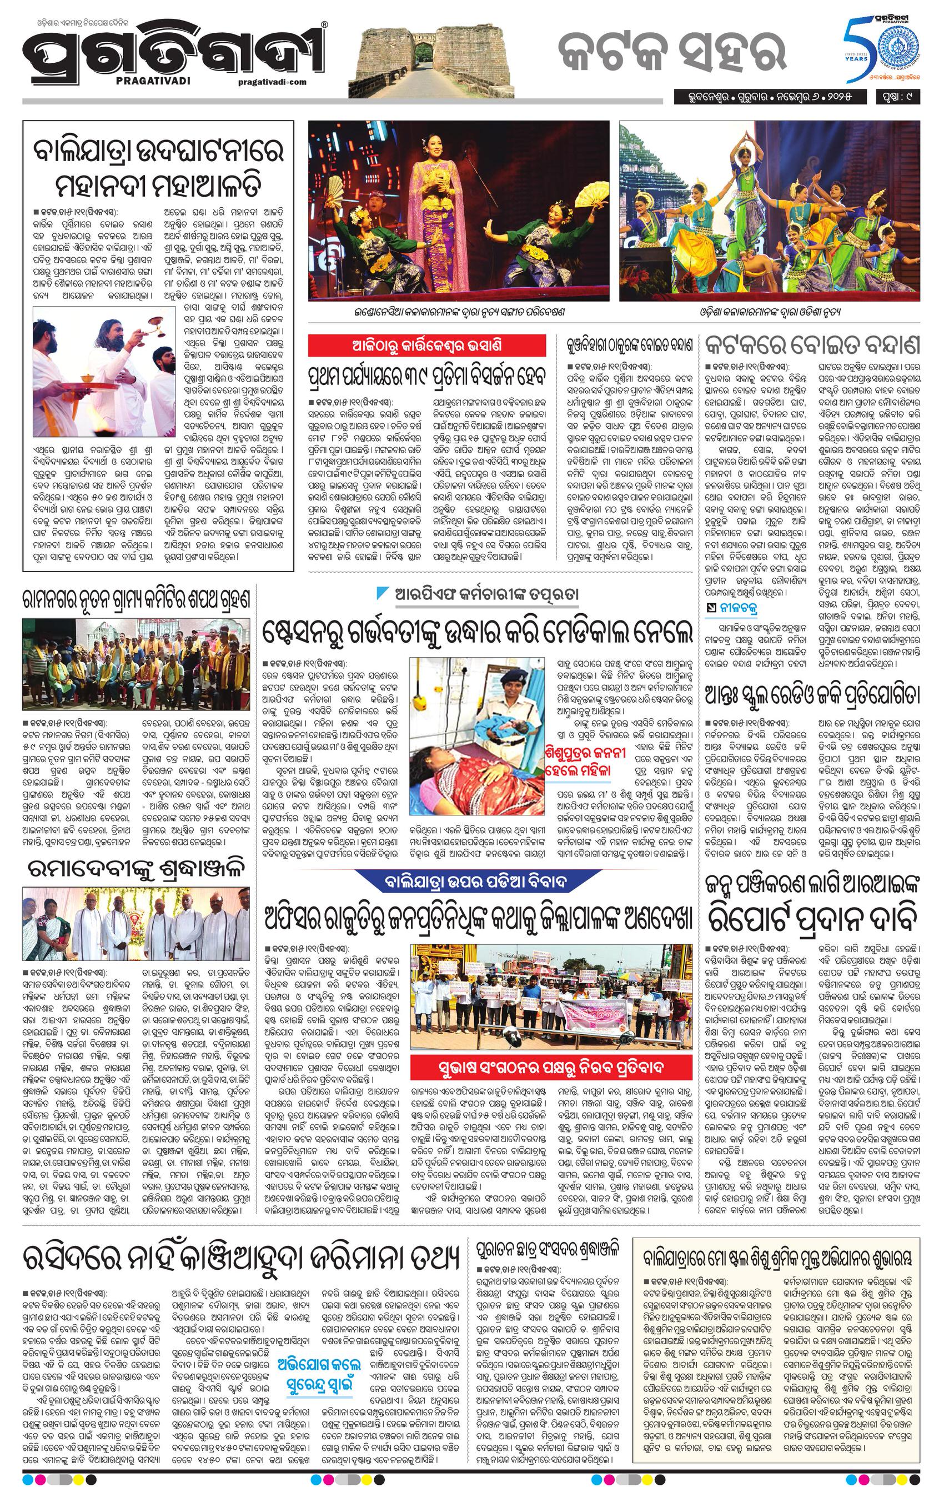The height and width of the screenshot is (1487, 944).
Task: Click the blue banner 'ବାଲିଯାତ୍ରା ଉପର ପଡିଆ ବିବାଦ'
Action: (482, 880)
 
